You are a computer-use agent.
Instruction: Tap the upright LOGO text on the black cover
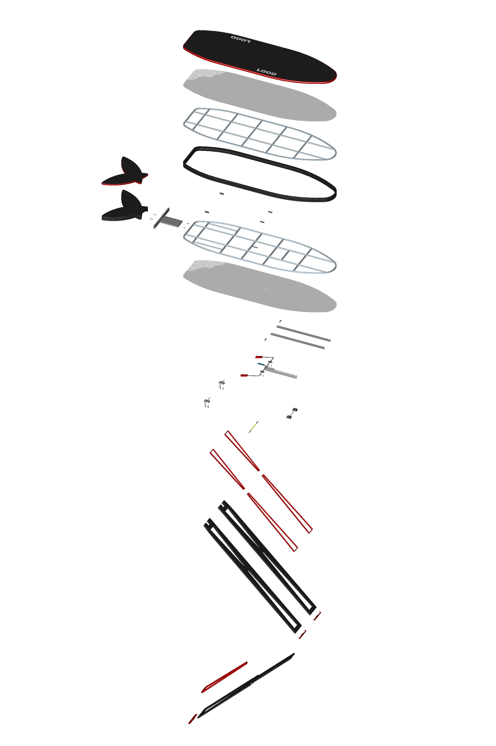coord(266,72)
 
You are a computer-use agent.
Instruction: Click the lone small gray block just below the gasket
coord(221,193)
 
